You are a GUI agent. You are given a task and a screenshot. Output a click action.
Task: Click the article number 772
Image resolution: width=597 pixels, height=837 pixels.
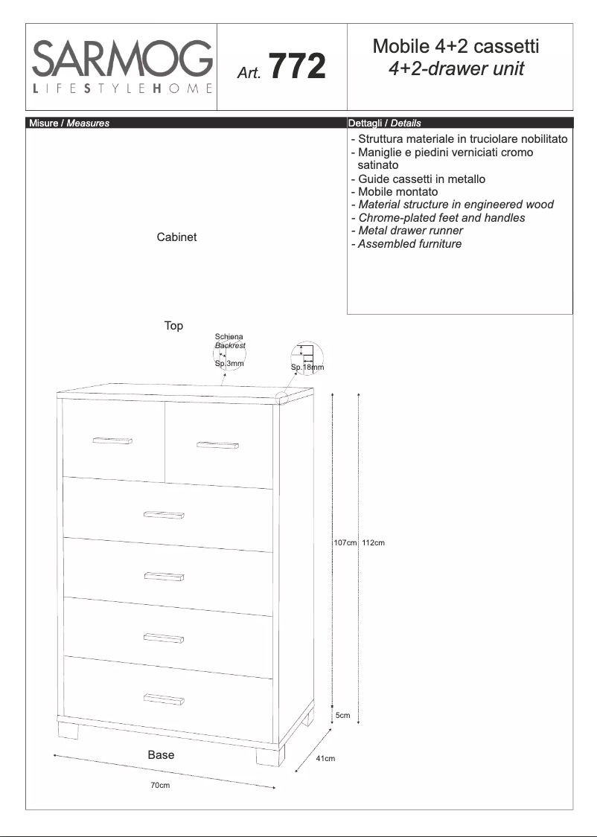point(296,67)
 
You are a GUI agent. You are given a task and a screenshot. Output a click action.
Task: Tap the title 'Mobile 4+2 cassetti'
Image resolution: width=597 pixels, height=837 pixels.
point(456,47)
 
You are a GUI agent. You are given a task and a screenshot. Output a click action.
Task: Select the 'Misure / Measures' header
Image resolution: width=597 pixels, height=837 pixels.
point(69,123)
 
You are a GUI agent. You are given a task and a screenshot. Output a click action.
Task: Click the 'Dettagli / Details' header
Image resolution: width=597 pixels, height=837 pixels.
point(384,123)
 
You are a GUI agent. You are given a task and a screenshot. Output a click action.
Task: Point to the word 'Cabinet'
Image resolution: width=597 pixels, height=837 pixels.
point(176,237)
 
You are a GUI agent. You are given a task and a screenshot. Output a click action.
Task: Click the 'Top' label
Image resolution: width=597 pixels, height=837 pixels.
point(173,326)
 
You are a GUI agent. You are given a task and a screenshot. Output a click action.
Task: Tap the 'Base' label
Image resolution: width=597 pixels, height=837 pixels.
point(161,754)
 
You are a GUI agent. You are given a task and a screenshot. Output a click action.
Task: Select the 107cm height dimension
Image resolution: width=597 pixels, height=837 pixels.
point(345,543)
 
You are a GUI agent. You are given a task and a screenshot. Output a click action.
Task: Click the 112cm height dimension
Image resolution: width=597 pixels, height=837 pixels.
point(373,543)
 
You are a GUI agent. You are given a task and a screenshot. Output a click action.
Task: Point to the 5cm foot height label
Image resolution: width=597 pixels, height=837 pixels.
point(342,715)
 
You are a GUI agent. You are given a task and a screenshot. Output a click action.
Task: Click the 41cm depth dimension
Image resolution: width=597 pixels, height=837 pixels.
point(326,759)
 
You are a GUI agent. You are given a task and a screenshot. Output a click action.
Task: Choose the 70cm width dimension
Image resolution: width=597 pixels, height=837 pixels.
point(160,786)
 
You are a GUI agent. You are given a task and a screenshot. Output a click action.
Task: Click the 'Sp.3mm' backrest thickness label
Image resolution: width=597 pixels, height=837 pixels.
point(229,364)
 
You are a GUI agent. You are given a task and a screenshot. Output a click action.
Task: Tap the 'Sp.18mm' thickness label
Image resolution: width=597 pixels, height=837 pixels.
point(307,368)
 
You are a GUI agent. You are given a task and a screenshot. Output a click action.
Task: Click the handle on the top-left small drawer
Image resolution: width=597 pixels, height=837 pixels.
point(113,441)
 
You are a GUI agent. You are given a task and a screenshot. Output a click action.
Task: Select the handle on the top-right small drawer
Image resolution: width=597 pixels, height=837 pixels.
point(217,446)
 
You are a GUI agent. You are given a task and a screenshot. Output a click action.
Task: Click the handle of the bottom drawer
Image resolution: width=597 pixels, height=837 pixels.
point(164,698)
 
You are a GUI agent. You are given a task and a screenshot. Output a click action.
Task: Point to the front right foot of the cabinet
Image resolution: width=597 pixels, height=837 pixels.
point(270,756)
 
